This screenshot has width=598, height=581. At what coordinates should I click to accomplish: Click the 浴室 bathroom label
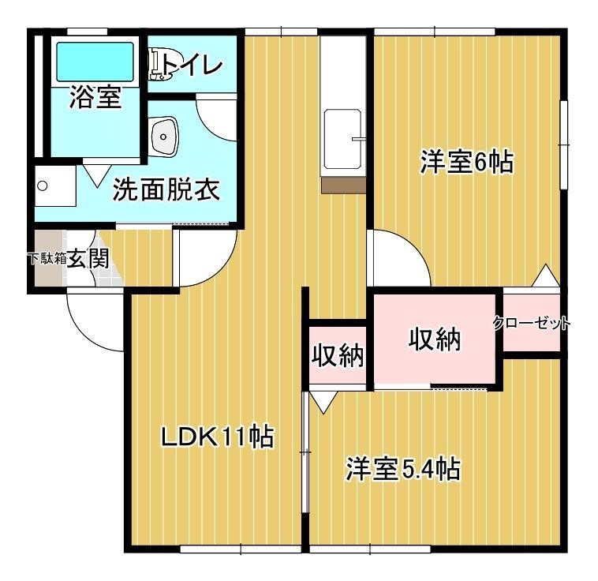coord(95,98)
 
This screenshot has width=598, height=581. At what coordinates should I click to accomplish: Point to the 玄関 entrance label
coord(87,258)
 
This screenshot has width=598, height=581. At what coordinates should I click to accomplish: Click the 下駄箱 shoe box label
coord(46,258)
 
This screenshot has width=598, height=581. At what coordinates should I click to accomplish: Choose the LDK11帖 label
coord(217,436)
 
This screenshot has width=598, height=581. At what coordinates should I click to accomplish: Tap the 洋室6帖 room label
coord(466,163)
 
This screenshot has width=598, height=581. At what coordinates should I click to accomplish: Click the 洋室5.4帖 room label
coord(402,470)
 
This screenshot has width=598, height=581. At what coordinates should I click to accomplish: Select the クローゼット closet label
coord(532,323)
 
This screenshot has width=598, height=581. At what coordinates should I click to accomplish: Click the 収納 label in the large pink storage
coord(434,339)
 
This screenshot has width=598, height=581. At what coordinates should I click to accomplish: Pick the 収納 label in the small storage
coord(338,357)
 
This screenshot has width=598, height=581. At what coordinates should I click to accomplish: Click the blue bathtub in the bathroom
coord(95,60)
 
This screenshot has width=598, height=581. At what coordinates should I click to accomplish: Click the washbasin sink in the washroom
coord(163,137)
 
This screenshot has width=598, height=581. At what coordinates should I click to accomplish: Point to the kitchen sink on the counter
coord(343,138)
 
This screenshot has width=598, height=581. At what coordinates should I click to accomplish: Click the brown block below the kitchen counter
coord(343,185)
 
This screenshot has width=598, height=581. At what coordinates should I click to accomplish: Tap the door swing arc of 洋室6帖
coord(398,257)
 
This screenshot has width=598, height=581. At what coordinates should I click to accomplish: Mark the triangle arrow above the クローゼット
coord(544,276)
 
